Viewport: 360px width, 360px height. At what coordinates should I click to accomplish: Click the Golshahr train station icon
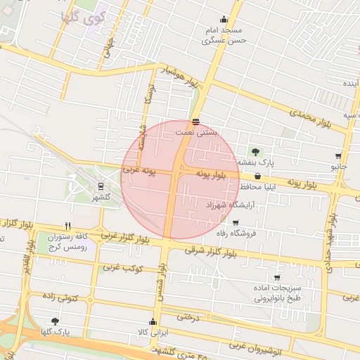point(101,186)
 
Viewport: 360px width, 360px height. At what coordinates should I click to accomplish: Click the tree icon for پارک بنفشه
point(255,151)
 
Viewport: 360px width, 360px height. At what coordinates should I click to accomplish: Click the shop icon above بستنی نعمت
point(195,122)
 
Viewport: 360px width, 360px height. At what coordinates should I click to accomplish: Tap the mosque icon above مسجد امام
point(224,20)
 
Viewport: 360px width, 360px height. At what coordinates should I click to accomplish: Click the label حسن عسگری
point(223,41)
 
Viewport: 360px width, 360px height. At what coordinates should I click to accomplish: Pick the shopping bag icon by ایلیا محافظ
point(257,176)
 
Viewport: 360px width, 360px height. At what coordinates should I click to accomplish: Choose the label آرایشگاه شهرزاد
point(230,205)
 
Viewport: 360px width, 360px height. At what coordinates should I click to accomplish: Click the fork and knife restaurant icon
point(67,226)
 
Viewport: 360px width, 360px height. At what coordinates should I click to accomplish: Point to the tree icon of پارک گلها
point(56,321)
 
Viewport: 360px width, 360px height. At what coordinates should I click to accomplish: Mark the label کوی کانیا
point(83,15)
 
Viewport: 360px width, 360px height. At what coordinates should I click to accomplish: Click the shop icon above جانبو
point(338,156)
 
